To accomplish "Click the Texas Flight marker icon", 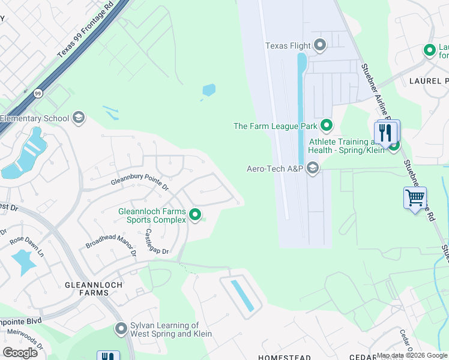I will pyautogui.click(x=320, y=46).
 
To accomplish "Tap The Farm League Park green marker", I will pyautogui.click(x=327, y=125).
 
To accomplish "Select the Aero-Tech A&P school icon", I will pyautogui.click(x=312, y=169).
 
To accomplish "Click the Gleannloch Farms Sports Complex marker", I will pyautogui.click(x=194, y=214).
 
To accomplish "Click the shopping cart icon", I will pyautogui.click(x=415, y=197).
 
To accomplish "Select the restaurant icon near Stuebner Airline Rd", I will pyautogui.click(x=385, y=133).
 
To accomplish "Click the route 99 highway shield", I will pyautogui.click(x=38, y=94).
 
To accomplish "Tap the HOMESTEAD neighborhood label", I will pyautogui.click(x=284, y=357).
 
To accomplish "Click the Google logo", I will pyautogui.click(x=20, y=353).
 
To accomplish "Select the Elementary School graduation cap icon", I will pyautogui.click(x=77, y=118).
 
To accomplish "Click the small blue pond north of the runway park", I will pyautogui.click(x=209, y=91).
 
